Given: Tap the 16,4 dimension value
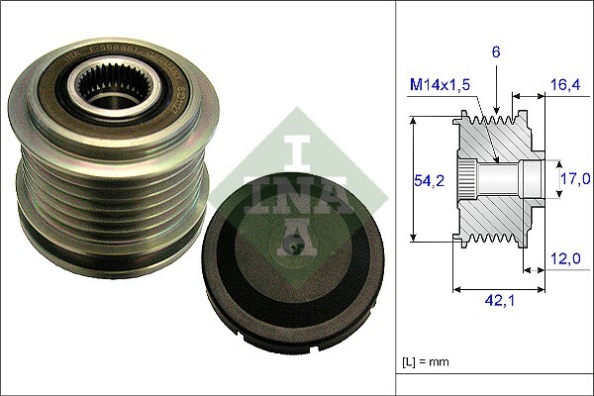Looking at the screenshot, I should click(566, 86).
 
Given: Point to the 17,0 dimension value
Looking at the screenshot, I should click(575, 179).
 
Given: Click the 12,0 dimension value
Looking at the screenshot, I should click(566, 259).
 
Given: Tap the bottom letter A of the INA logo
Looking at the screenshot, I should click(292, 234).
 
